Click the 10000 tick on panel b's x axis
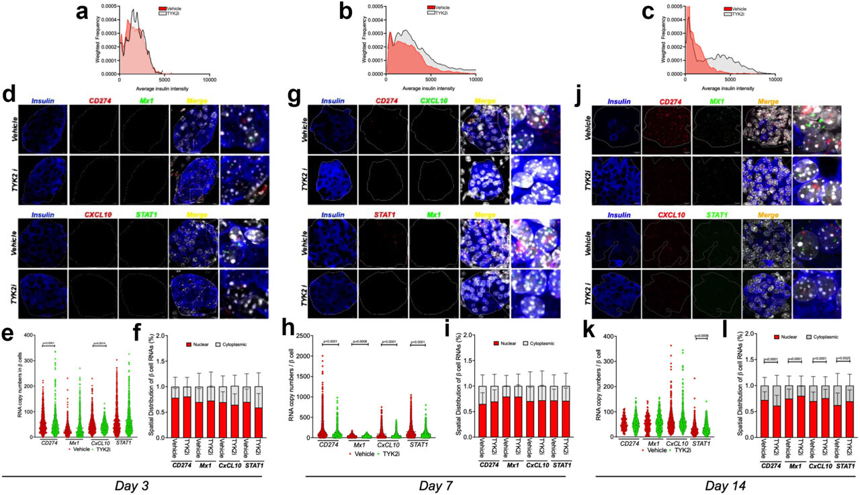pos(476,79)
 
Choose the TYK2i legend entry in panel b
pos(442,13)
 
